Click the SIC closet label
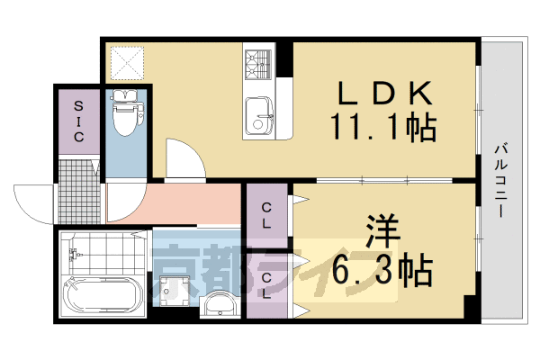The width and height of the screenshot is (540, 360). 79,121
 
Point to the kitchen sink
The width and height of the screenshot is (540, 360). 260,114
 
